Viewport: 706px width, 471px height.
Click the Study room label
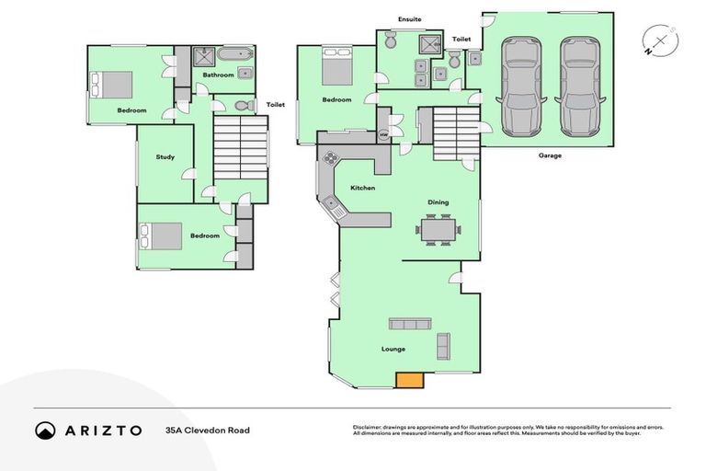click(165, 157)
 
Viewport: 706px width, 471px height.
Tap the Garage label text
click(551, 155)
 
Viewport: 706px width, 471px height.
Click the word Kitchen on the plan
click(362, 189)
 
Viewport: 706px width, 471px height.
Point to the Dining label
click(438, 202)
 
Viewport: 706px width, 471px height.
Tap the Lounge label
click(393, 350)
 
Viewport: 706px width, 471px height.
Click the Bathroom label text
click(218, 75)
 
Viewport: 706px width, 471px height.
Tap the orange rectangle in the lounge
click(409, 379)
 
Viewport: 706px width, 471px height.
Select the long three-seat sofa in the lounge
click(410, 323)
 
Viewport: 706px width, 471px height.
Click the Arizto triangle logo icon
click(46, 431)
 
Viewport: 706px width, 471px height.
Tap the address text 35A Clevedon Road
click(207, 431)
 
